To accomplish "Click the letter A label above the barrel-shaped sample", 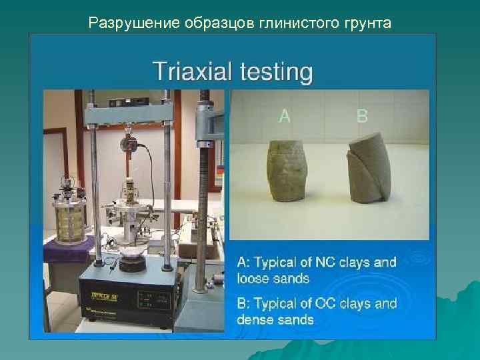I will point(285,116).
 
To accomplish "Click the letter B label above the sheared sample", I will point(362,116).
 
